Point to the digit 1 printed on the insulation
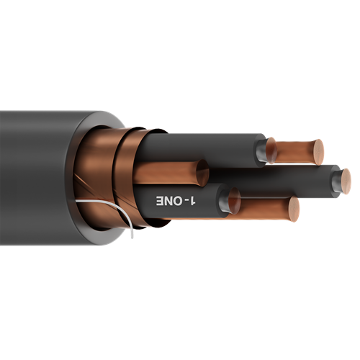pyautogui.click(x=194, y=198)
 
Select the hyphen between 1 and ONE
pyautogui.click(x=184, y=199)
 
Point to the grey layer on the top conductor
pyautogui.click(x=261, y=150)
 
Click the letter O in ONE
pyautogui.click(x=174, y=199)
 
